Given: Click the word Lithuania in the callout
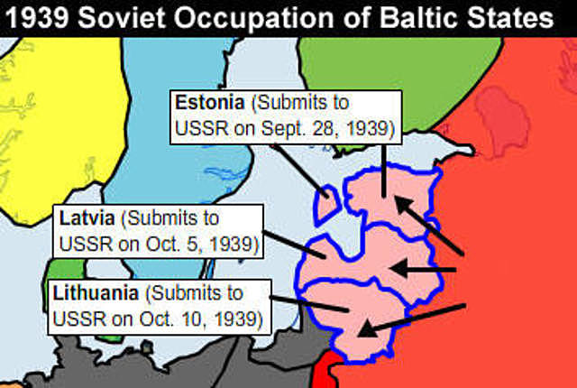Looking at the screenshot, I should coord(96,293).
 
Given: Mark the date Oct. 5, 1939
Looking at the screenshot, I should coord(204,244).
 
